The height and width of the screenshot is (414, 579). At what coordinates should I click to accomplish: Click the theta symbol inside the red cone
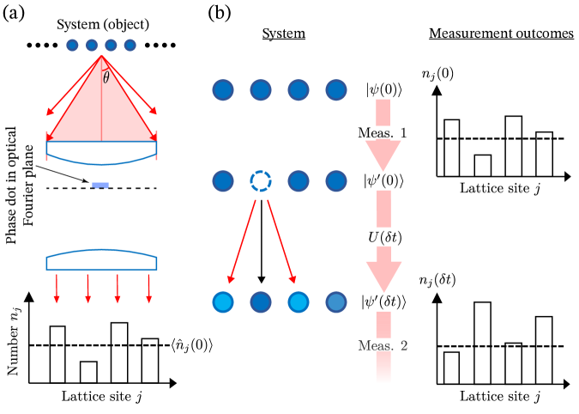tap(106, 78)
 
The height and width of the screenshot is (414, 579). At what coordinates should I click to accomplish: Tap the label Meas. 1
tap(383, 132)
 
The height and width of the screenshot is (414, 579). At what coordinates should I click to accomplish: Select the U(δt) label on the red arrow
tap(384, 237)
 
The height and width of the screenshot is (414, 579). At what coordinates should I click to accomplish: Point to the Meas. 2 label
tap(383, 344)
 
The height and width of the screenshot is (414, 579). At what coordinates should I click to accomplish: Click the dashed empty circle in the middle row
tap(261, 181)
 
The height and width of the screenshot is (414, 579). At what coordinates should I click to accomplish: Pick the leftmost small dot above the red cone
tap(72, 46)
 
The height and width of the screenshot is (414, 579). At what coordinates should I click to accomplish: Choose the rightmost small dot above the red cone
tap(130, 46)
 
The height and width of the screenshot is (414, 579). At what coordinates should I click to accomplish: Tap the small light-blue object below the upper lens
tap(100, 185)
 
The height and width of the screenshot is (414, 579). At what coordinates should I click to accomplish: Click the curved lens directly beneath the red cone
tap(101, 152)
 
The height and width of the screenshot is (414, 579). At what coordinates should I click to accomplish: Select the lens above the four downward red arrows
tap(101, 259)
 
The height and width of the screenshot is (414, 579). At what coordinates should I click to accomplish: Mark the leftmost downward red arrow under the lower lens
tap(57, 288)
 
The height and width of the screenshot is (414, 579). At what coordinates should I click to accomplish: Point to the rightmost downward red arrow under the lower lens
tap(148, 288)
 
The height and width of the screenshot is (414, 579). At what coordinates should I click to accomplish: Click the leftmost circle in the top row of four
tap(223, 90)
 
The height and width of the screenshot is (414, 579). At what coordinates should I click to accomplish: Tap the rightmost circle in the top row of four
tap(336, 90)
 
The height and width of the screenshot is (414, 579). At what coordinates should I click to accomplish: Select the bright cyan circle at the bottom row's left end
tap(223, 302)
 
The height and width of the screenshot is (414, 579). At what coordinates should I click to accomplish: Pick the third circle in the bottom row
tap(299, 302)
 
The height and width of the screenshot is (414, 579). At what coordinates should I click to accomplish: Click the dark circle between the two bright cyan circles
tap(261, 302)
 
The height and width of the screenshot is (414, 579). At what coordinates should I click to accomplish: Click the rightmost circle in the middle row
tap(336, 181)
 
